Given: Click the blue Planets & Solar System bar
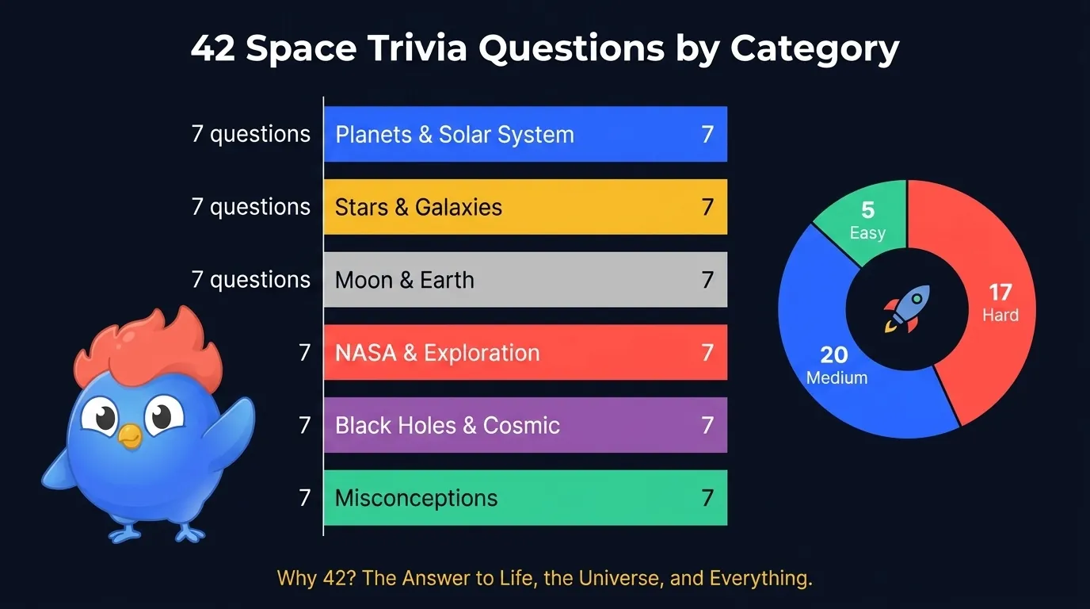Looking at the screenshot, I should [x=524, y=134].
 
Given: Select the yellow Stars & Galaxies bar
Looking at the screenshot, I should [x=524, y=207].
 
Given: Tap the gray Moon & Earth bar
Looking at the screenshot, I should [x=524, y=280].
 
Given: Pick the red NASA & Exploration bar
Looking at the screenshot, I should [x=524, y=352].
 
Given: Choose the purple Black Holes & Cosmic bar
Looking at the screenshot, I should [x=524, y=425].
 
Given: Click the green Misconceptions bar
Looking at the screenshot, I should [x=524, y=498].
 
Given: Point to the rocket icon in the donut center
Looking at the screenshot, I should [x=906, y=309].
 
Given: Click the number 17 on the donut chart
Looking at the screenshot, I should [x=1000, y=293].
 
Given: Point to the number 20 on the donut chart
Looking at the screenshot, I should [x=834, y=354].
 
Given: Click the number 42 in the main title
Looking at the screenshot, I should [x=213, y=49].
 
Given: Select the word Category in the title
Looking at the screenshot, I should [x=814, y=49].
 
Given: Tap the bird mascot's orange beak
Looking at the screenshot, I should [x=129, y=434].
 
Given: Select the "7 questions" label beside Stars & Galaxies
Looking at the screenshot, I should [x=250, y=207].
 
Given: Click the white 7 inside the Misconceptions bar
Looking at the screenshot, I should [x=707, y=498].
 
